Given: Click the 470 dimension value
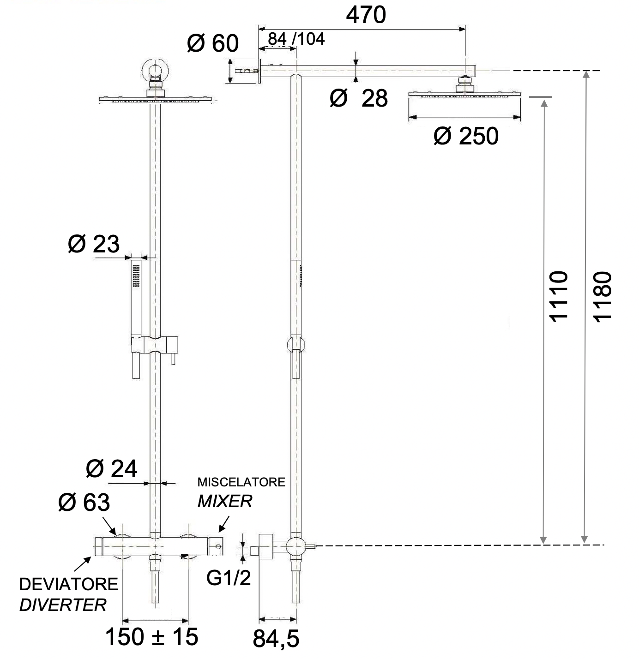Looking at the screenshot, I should click(x=366, y=15).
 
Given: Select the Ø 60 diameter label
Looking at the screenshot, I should click(x=213, y=44).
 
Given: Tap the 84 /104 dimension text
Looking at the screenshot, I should click(x=296, y=39).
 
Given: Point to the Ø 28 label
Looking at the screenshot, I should click(x=359, y=98).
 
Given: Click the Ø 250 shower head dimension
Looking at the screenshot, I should click(x=466, y=136).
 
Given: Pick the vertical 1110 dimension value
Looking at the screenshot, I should click(x=558, y=296).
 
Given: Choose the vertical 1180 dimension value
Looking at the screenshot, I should click(x=603, y=296).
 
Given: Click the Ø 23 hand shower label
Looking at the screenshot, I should click(x=94, y=244).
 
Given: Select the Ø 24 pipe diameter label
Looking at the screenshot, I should click(x=112, y=469).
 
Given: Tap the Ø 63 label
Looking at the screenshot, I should click(x=84, y=503).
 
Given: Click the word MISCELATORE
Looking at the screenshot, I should click(x=241, y=482).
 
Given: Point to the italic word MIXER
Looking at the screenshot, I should click(x=225, y=501).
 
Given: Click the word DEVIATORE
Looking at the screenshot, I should click(x=69, y=585).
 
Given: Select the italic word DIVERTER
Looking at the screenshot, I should click(x=63, y=605).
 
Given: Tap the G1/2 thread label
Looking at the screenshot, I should click(x=229, y=577).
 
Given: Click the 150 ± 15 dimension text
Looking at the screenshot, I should click(x=152, y=637).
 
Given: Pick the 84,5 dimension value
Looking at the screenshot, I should click(x=276, y=639).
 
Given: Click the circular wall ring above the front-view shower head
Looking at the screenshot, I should click(x=155, y=69).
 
